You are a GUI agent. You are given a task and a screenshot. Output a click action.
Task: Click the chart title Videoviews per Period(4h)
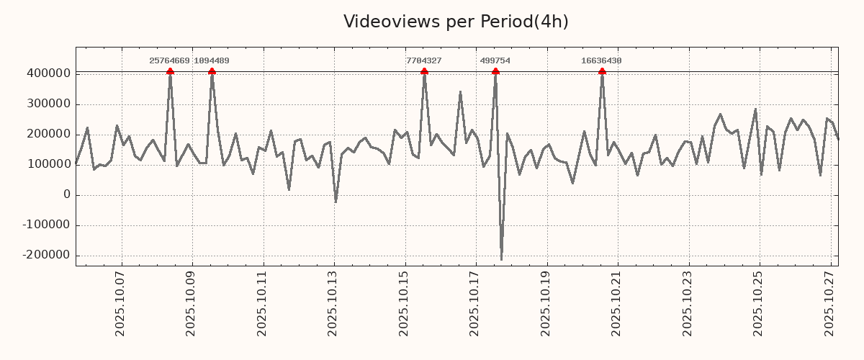pyautogui.click(x=456, y=22)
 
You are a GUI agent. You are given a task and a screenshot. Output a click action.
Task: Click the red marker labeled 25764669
pyautogui.click(x=170, y=71)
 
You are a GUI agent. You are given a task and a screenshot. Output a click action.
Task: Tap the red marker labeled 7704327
pyautogui.click(x=424, y=71)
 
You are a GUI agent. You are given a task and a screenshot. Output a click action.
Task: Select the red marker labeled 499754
pyautogui.click(x=495, y=71)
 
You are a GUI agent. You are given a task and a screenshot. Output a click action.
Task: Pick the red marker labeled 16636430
pyautogui.click(x=602, y=71)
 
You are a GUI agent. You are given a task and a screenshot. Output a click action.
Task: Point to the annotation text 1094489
pyautogui.click(x=212, y=61)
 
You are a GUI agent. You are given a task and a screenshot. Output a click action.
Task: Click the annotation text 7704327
pyautogui.click(x=424, y=61)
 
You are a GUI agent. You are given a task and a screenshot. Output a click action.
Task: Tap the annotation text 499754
pyautogui.click(x=495, y=61)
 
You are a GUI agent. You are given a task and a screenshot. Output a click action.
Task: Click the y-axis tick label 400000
pyautogui.click(x=48, y=73)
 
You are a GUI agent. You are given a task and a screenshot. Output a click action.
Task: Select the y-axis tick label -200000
pyautogui.click(x=45, y=255)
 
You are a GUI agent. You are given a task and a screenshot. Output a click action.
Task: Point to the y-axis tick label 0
pyautogui.click(x=67, y=194)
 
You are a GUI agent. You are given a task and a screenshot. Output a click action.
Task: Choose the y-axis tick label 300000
pyautogui.click(x=48, y=104)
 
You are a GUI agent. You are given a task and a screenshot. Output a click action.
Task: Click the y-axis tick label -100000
pyautogui.click(x=45, y=225)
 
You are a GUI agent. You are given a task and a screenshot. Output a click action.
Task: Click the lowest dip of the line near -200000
pyautogui.click(x=501, y=259)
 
